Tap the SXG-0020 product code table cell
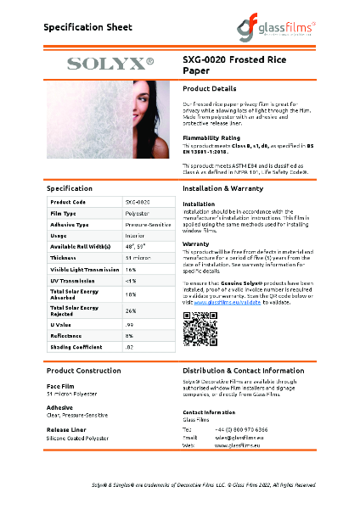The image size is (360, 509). pos(138,202)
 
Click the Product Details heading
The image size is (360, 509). pos(210,88)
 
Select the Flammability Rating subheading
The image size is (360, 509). pos(211,137)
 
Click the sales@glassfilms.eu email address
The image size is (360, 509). pos(240,438)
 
